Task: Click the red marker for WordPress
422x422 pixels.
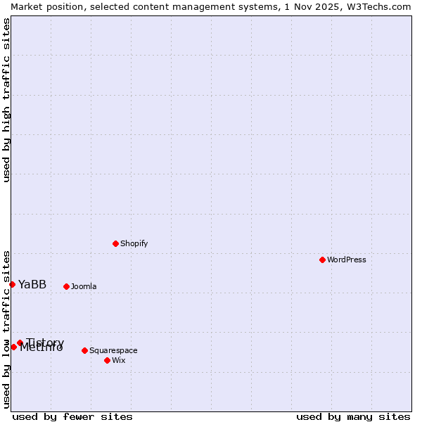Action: (x=322, y=260)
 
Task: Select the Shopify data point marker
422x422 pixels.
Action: (x=115, y=243)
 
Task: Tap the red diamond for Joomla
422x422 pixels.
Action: (x=66, y=286)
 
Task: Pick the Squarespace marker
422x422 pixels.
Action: (x=84, y=350)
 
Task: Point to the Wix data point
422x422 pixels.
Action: (x=107, y=360)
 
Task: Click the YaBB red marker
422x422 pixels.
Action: (x=12, y=284)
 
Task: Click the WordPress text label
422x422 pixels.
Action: (x=347, y=260)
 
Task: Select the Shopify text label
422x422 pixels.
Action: (x=134, y=243)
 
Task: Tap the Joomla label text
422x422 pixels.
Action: (x=84, y=286)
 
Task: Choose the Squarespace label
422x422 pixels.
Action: (x=113, y=350)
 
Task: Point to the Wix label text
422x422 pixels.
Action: (x=118, y=360)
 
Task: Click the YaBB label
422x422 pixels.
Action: (x=32, y=284)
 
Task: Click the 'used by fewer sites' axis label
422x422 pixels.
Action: (x=72, y=416)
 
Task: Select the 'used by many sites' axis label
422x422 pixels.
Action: (x=353, y=416)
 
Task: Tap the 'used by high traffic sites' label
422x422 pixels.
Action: (x=6, y=100)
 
